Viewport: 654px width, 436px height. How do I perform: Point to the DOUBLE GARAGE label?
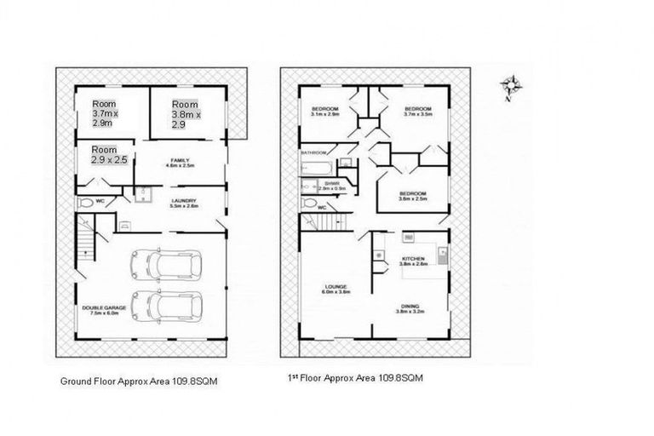105,308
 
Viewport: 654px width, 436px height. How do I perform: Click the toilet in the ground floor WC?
86,204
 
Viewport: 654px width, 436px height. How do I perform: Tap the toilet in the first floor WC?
309,204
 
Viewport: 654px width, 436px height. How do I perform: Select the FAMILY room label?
180,163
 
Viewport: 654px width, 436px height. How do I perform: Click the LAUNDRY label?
184,203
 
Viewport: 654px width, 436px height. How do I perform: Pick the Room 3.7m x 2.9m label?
108,113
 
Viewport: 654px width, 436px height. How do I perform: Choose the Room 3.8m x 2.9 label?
185,113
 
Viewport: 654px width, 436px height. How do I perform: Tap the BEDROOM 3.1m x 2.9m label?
325,112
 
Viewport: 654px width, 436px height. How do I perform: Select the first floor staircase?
334,224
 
